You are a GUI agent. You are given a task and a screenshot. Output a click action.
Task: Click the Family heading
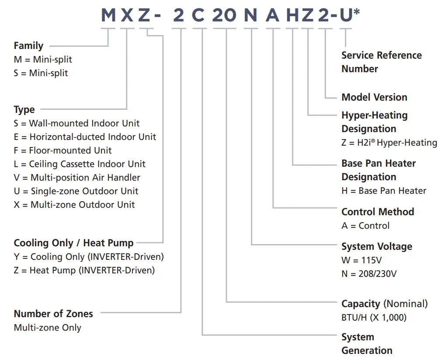(x=28, y=45)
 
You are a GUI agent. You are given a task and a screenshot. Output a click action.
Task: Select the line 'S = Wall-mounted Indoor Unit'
(x=76, y=123)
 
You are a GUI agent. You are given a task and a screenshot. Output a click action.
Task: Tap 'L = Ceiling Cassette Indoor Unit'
(x=80, y=164)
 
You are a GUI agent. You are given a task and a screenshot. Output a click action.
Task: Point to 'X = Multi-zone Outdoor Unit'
(x=74, y=205)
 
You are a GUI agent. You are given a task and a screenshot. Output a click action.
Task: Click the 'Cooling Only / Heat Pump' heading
(x=73, y=243)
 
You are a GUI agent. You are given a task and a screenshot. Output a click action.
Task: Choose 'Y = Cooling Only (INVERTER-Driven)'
(x=89, y=257)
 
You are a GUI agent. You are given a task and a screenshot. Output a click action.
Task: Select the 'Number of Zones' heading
(x=53, y=314)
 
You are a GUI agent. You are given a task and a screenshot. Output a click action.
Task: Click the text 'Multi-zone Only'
(x=47, y=328)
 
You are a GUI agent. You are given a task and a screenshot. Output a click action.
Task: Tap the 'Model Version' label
(x=374, y=97)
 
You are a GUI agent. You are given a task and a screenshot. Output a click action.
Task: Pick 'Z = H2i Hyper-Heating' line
(x=389, y=143)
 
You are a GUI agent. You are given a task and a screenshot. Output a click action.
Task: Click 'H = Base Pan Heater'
(x=384, y=191)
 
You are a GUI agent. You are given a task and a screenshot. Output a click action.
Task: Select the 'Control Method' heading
(x=378, y=212)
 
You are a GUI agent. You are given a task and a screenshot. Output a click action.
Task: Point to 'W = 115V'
(x=362, y=260)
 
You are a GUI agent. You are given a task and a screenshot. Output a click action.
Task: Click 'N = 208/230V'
(x=369, y=274)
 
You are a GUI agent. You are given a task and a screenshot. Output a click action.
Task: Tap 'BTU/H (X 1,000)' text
(x=374, y=318)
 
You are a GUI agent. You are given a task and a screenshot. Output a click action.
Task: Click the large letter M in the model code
(x=108, y=16)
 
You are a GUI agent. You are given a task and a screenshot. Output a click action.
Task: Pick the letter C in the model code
(x=198, y=16)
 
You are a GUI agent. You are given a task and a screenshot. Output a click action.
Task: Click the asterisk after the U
(x=357, y=12)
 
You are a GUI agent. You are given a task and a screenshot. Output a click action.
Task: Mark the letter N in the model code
(x=250, y=16)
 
